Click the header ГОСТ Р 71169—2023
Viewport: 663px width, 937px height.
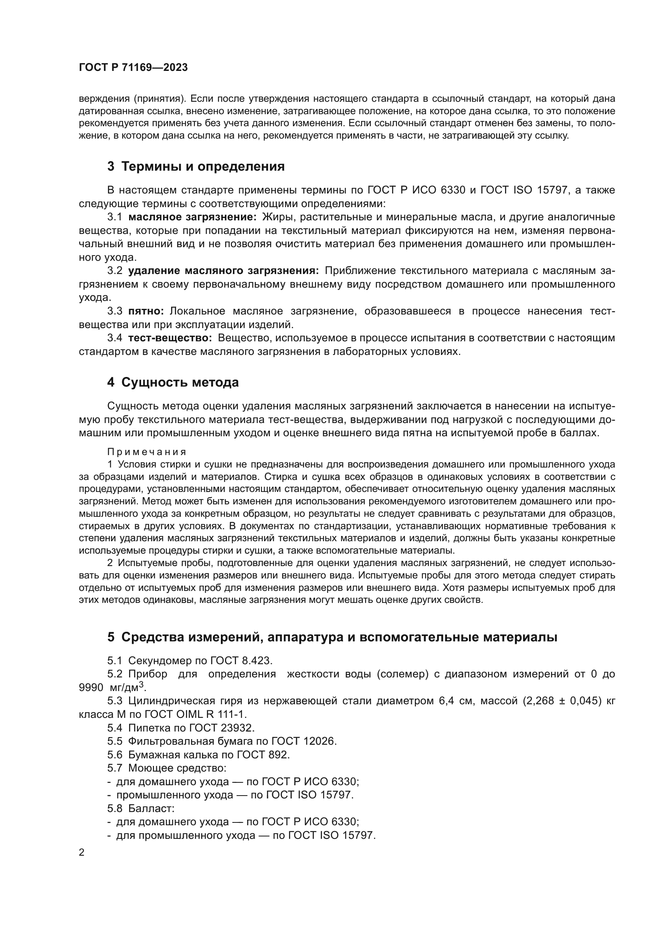pos(133,68)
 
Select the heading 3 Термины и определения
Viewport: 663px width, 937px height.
pos(196,167)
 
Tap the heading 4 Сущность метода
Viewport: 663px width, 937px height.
pos(173,383)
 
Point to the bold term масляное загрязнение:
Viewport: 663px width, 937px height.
pos(192,217)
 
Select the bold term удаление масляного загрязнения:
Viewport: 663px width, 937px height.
pos(223,271)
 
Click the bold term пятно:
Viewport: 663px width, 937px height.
pos(146,311)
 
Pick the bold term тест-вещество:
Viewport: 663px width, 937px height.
pos(170,338)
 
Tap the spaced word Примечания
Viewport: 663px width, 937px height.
pos(147,452)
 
